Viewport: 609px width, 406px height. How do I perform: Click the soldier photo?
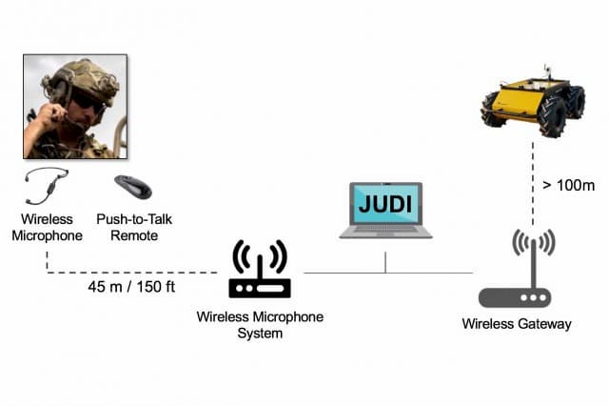click(x=74, y=106)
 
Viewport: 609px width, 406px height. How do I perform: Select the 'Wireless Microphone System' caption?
click(x=260, y=324)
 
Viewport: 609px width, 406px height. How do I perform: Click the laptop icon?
click(x=385, y=211)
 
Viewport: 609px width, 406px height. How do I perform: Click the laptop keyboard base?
click(x=385, y=232)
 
